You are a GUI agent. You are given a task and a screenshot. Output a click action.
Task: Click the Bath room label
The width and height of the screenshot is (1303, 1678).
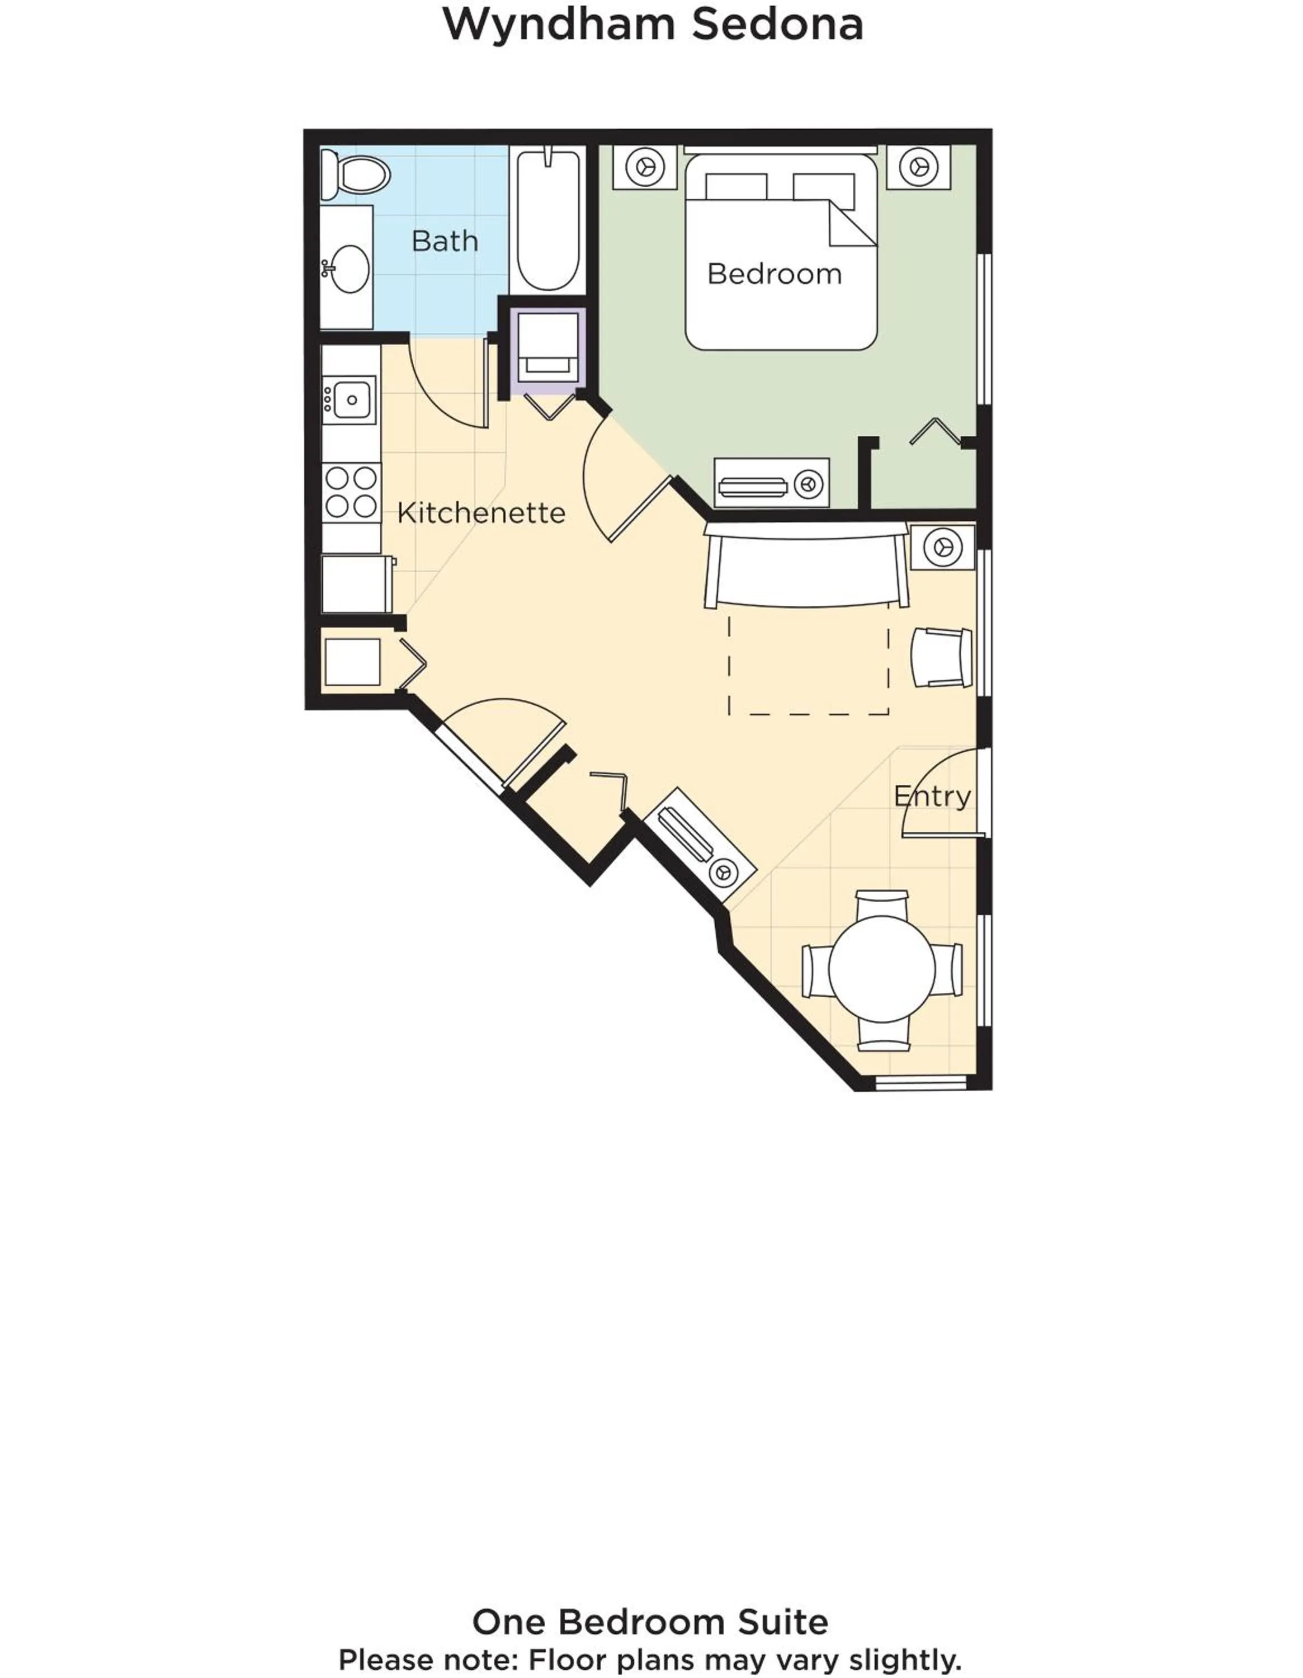click(x=444, y=241)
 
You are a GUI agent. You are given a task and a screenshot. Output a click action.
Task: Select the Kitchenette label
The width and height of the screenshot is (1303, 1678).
click(x=481, y=513)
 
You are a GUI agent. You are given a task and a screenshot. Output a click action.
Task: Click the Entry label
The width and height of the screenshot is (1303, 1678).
click(x=932, y=796)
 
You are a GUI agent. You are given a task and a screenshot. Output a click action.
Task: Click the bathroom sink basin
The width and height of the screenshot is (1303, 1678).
click(x=350, y=269)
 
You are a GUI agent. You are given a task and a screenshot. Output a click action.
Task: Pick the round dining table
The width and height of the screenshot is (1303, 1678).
click(x=881, y=970)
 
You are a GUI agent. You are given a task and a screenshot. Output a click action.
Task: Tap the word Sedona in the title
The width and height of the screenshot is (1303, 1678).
click(x=777, y=25)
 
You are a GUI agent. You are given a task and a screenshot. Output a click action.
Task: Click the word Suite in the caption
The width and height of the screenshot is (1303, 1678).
click(x=783, y=1622)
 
